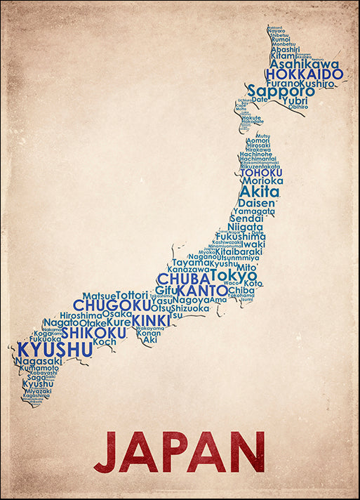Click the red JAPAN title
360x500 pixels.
tap(180, 452)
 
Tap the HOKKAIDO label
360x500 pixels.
tap(304, 74)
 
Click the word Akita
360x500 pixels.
tap(259, 191)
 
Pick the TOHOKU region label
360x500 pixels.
tap(260, 172)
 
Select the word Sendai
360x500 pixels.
tap(246, 218)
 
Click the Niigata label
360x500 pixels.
tap(245, 228)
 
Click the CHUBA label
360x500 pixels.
tap(182, 279)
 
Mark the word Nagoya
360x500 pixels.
tap(191, 300)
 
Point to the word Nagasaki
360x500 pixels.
tap(38, 361)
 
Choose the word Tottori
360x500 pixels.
tap(132, 296)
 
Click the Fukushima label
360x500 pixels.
tap(241, 237)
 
